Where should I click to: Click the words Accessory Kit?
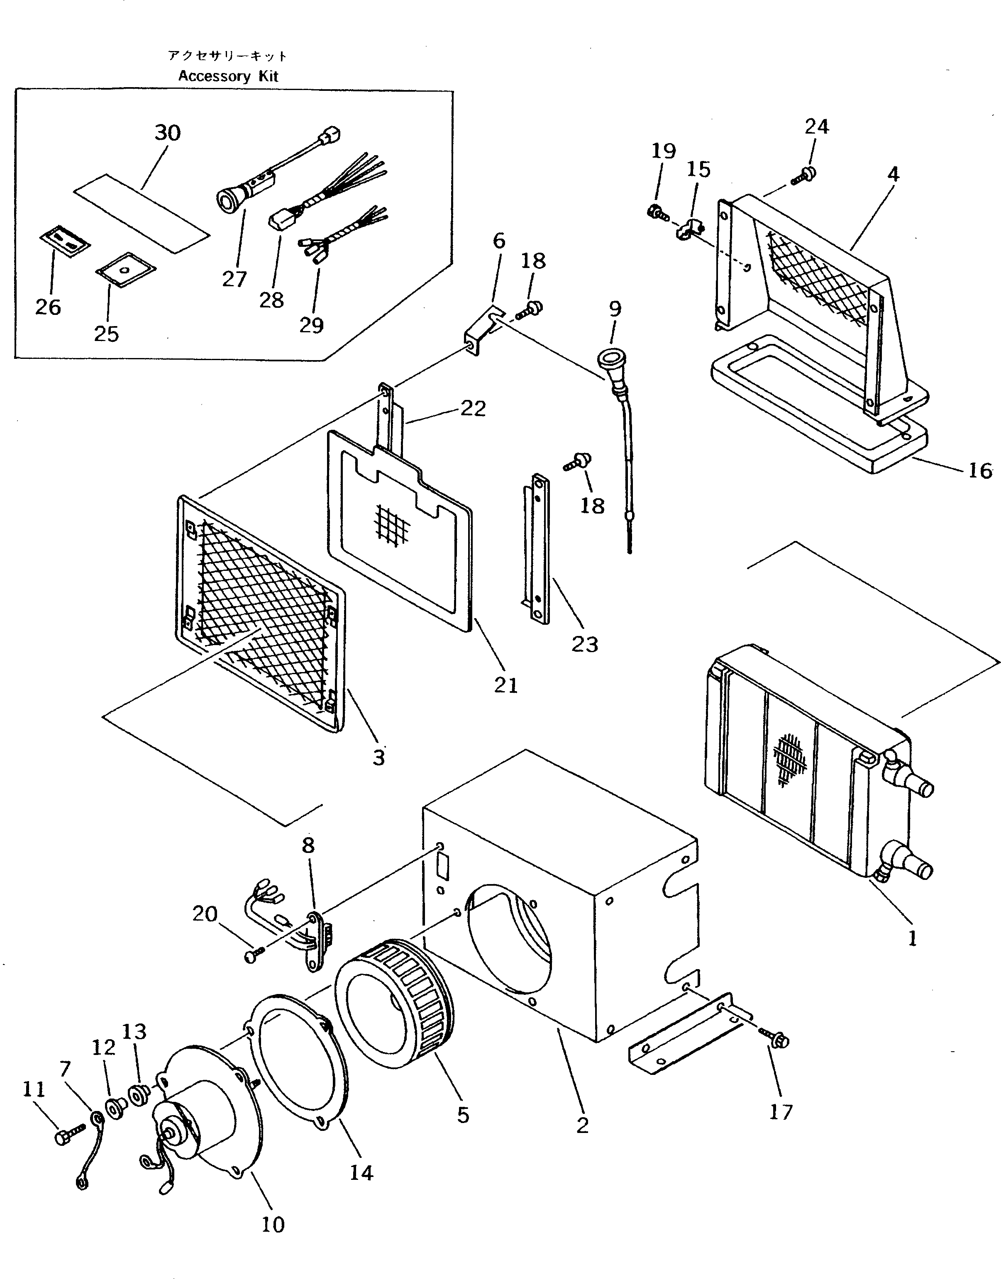click(228, 76)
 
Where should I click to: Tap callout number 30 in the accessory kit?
click(168, 133)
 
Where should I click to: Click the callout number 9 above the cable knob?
click(615, 309)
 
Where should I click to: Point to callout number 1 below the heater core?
click(912, 938)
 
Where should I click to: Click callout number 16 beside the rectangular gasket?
click(979, 470)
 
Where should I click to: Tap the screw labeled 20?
click(253, 955)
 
